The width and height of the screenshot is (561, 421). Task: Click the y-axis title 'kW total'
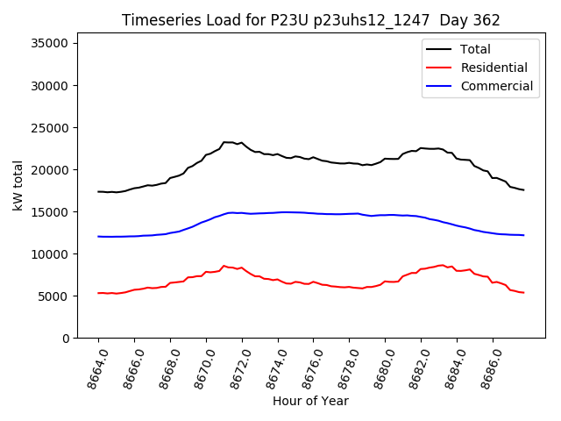pos(18,185)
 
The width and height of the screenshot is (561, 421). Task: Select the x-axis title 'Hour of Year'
pos(310,401)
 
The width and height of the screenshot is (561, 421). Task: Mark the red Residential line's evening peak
pos(441,265)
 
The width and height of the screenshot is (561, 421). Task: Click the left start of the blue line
pos(98,236)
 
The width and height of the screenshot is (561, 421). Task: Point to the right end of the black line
pos(523,190)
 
